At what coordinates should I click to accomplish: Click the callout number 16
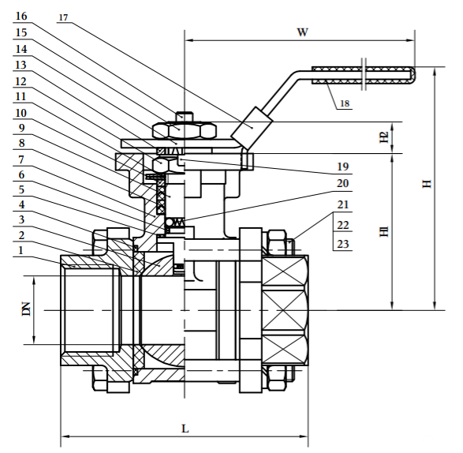click(21, 16)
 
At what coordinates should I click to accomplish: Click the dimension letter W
click(301, 32)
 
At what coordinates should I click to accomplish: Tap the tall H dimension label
click(427, 184)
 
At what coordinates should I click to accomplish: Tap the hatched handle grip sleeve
click(363, 75)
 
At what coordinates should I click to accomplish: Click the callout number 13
click(21, 64)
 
